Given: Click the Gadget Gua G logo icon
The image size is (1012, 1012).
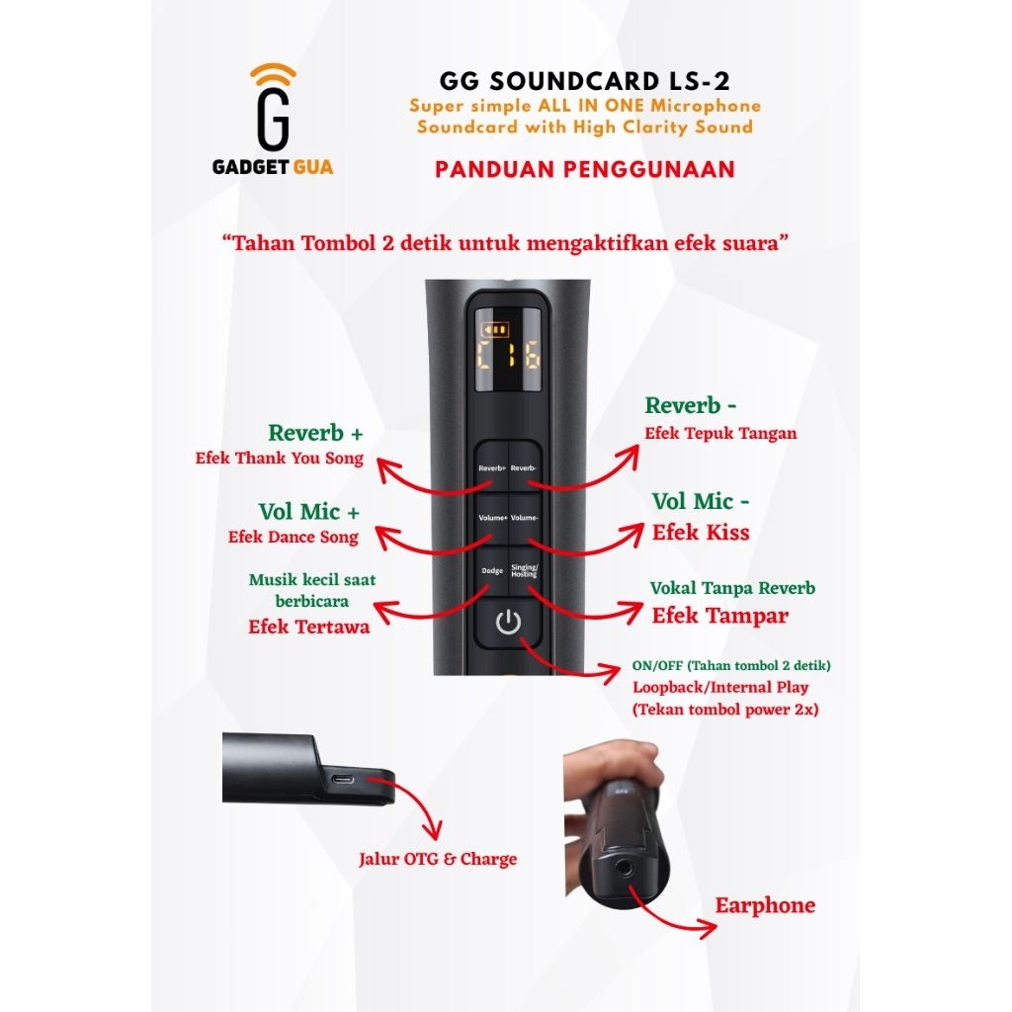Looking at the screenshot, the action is point(273,109).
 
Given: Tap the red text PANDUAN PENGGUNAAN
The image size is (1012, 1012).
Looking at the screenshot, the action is point(585,169).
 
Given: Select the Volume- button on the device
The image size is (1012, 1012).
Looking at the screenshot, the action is point(525,518).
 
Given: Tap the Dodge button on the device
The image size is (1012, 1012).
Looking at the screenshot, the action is point(491,570).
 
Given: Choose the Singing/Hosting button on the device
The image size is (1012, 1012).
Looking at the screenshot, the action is point(524,570).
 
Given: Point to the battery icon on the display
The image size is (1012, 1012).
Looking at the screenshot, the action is point(493,330).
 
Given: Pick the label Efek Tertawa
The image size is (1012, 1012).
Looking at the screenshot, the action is point(308,627).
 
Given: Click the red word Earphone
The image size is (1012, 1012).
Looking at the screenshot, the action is point(765,905).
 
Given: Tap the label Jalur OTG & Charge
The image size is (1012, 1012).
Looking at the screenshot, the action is point(438,859).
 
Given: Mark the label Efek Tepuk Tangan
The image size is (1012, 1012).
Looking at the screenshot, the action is point(719,433).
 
